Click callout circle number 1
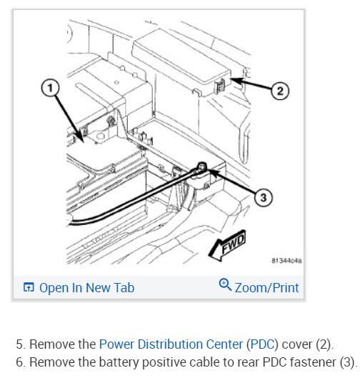[x=50, y=88]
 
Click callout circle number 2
[x=280, y=91]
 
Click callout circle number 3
[x=264, y=197]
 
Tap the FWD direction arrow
[x=227, y=245]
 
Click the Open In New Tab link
[x=86, y=287]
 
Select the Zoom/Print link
[x=266, y=287]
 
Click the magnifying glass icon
[x=225, y=284]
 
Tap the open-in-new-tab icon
[x=29, y=287]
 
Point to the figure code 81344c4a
[x=286, y=261]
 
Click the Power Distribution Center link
[x=171, y=344]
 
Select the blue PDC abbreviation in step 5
[x=262, y=344]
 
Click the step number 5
[x=21, y=344]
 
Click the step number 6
[x=21, y=362]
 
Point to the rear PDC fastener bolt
[x=202, y=166]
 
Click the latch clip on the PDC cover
[x=220, y=86]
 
